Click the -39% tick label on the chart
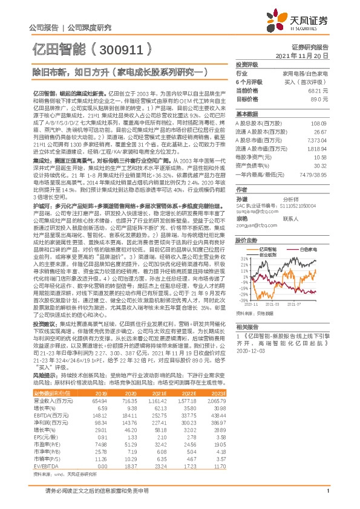click(x=243, y=300)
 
